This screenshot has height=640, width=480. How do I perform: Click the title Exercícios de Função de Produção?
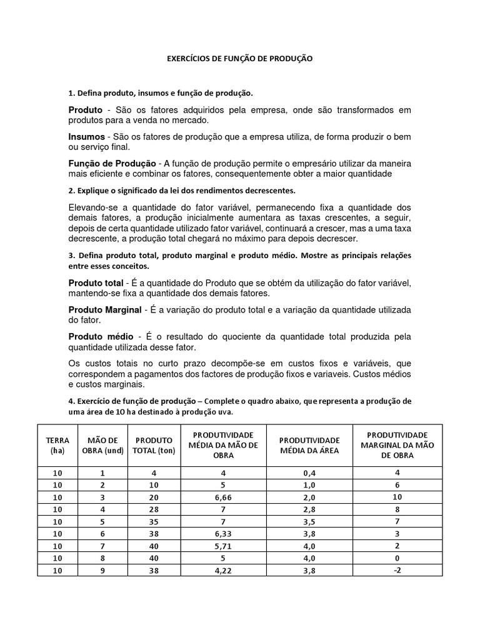pyautogui.click(x=239, y=58)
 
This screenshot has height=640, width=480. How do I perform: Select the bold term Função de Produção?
pyautogui.click(x=112, y=163)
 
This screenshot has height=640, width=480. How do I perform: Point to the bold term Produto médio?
pyautogui.click(x=98, y=337)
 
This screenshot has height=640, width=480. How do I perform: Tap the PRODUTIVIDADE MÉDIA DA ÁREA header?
pyautogui.click(x=309, y=446)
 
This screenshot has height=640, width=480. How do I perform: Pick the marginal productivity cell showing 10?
pyautogui.click(x=396, y=497)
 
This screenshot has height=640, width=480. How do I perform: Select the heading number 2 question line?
pyautogui.click(x=181, y=189)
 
